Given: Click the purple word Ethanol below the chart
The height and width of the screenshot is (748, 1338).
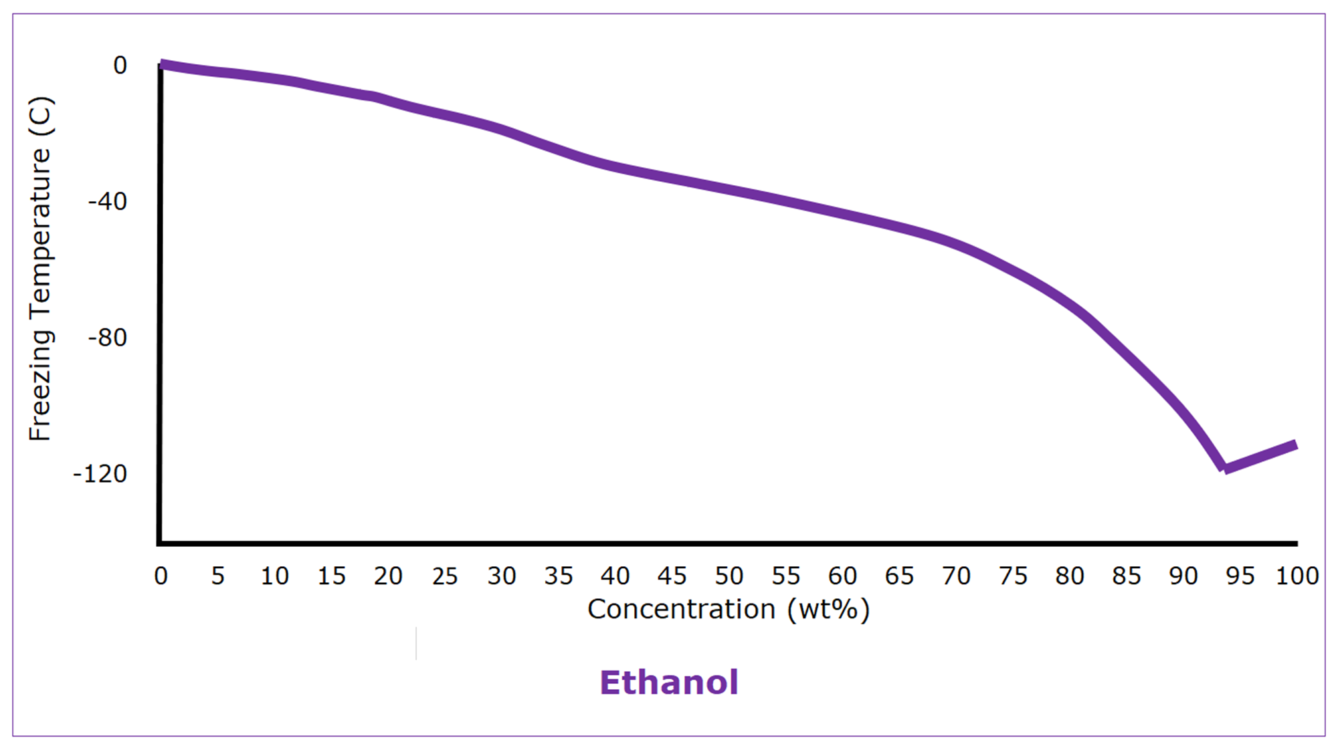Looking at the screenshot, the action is click(668, 682).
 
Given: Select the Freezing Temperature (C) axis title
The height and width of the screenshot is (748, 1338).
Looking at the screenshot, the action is click(40, 269).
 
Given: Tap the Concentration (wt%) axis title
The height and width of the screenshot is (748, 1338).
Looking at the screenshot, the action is click(729, 609).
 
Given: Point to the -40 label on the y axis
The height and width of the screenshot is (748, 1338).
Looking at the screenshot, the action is click(108, 201).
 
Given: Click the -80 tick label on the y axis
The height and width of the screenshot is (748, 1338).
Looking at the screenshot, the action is click(108, 338).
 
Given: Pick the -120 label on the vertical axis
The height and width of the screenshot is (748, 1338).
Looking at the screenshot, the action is click(100, 474).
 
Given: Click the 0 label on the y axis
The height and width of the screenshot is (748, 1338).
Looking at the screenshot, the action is click(120, 66).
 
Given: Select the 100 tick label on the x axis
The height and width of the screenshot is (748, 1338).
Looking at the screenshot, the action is click(1297, 576).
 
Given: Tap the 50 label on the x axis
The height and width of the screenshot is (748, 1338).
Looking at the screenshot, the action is click(729, 576).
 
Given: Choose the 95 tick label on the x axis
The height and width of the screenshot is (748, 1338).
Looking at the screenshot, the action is click(1240, 576).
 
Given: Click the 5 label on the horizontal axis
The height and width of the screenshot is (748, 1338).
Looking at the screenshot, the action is click(218, 576).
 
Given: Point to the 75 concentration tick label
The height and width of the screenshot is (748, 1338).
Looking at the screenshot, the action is click(1013, 576).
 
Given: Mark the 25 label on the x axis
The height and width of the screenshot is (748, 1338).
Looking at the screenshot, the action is click(445, 576).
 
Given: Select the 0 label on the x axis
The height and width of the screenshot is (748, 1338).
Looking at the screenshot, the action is click(161, 576).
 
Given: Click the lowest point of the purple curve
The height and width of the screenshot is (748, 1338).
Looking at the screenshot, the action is click(1224, 468).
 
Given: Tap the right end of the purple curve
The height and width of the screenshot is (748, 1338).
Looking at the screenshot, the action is click(1297, 445).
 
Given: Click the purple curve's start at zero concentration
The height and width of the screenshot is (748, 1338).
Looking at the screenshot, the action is click(162, 65).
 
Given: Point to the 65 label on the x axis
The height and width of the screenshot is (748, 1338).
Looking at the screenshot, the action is click(899, 576).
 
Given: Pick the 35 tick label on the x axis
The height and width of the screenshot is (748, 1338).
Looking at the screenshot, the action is click(559, 576).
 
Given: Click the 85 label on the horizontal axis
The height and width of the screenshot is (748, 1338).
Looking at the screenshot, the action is click(1127, 576).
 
